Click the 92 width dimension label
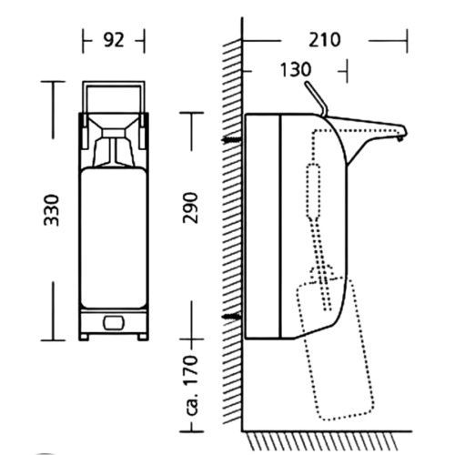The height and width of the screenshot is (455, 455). coord(114,40)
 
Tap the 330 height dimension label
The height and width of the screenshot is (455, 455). coord(51,210)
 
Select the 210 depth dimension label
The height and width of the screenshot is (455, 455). coord(325,40)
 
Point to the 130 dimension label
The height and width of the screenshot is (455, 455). coord(296,69)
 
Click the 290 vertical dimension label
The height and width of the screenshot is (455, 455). coord(190,208)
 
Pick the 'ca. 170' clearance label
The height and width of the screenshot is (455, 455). coord(192,385)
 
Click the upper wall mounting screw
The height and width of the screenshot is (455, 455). coord(232,140)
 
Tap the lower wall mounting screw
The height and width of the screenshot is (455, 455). coord(232,317)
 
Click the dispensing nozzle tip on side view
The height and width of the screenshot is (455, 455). coord(400,139)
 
